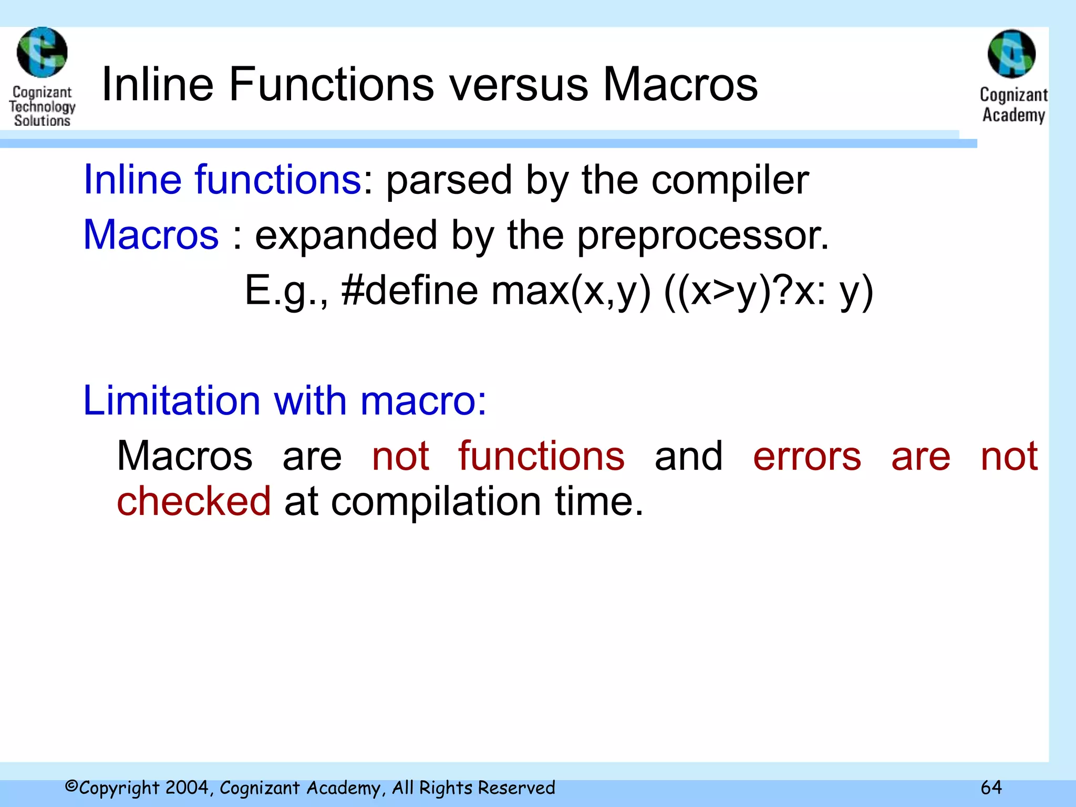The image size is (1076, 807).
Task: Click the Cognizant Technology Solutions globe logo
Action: [x=42, y=53]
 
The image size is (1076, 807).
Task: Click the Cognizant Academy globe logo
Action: [x=1011, y=54]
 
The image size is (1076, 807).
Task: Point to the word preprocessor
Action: [x=702, y=236]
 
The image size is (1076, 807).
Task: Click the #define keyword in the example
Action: [x=410, y=291]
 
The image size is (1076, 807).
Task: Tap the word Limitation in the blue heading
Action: [x=171, y=400]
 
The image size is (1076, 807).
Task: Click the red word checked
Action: [x=193, y=501]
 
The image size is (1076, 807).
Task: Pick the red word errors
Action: [x=807, y=456]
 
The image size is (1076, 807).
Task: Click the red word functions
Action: [x=541, y=456]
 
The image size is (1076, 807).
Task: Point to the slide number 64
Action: [x=991, y=787]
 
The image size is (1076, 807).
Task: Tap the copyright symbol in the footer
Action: [x=71, y=787]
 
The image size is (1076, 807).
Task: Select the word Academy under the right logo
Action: [x=1013, y=115]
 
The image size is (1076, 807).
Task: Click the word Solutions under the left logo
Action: [x=42, y=120]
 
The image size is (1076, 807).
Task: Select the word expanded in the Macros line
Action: [x=346, y=235]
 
